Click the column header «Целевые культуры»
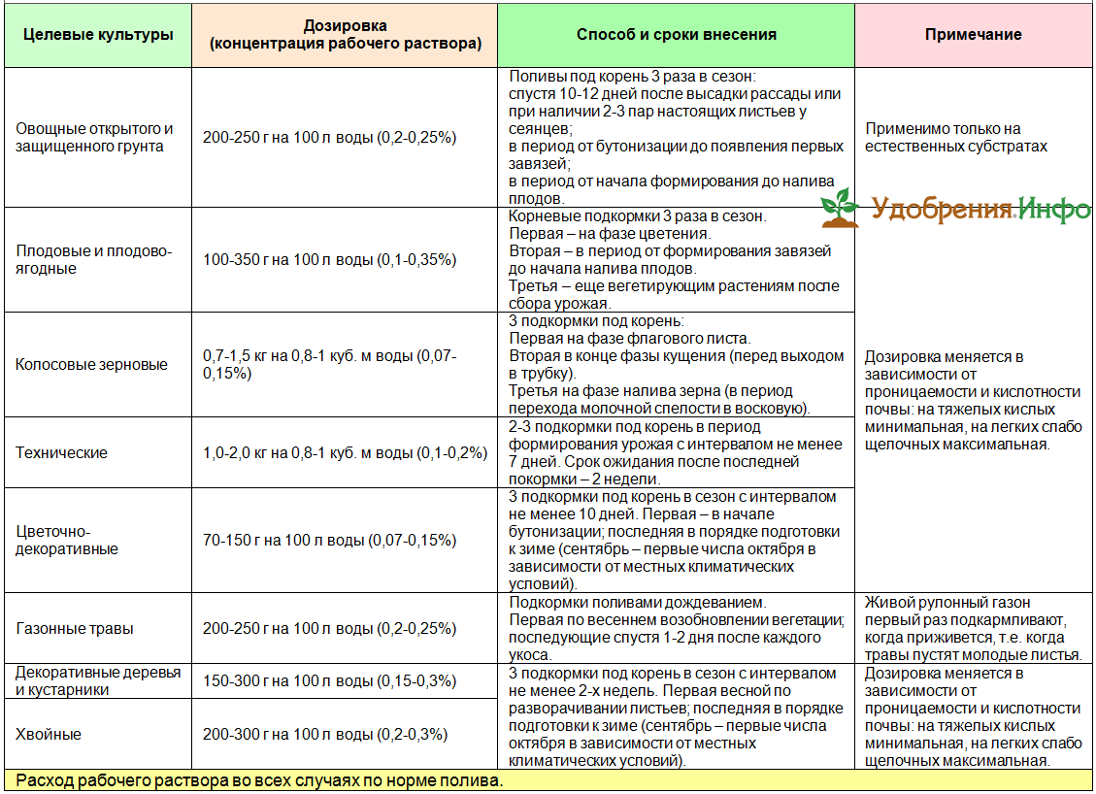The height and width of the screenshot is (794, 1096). (x=97, y=35)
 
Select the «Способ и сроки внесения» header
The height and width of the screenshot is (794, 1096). (x=676, y=35)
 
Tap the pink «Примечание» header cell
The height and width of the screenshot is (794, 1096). (x=973, y=35)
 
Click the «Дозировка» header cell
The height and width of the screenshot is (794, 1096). (x=345, y=35)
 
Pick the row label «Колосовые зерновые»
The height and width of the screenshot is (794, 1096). (x=92, y=365)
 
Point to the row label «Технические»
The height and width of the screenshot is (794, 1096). (x=62, y=452)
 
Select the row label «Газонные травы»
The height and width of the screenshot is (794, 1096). (x=76, y=628)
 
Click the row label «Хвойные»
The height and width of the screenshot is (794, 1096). (x=50, y=735)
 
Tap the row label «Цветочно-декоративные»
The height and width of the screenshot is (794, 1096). (x=68, y=540)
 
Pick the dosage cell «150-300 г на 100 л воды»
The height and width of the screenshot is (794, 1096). (x=329, y=681)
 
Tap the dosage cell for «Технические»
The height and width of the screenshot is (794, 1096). (x=345, y=452)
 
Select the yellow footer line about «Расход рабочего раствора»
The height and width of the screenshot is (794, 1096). (x=260, y=781)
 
